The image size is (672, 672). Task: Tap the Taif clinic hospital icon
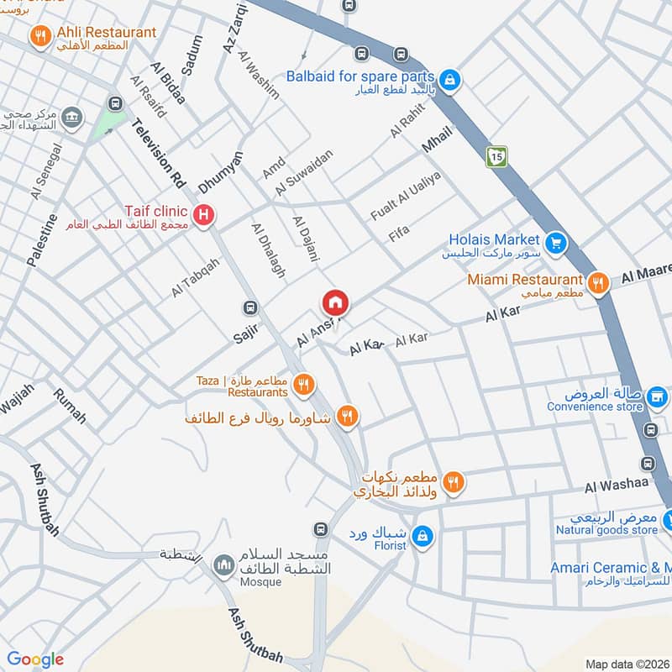[202, 217]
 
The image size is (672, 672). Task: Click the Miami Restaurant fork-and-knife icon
[598, 282]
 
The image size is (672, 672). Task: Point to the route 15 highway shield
[496, 156]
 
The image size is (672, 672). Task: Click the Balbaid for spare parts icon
[450, 80]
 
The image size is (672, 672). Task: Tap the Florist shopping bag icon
[425, 534]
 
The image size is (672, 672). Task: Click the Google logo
[35, 659]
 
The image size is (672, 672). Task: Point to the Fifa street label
[399, 234]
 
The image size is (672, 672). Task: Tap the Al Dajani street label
[306, 239]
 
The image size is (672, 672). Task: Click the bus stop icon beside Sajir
[249, 308]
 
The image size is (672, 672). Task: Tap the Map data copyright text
[626, 664]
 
